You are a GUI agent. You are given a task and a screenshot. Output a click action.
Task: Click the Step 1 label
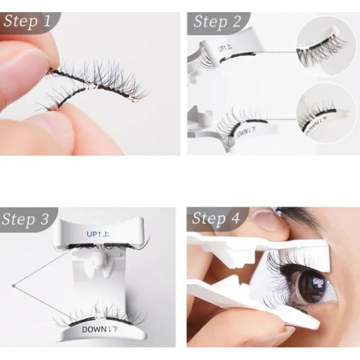[x=27, y=21]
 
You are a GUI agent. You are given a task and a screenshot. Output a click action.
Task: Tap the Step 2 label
[x=217, y=22]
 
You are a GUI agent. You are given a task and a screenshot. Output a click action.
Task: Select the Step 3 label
[x=25, y=219]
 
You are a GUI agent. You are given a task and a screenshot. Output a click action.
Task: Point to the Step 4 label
[x=216, y=218]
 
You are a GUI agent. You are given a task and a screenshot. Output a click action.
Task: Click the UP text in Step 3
[x=92, y=234]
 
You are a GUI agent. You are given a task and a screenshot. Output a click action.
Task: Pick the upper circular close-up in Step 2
[x=326, y=46]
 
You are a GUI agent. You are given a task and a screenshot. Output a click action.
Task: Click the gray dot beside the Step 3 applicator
[x=13, y=286]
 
